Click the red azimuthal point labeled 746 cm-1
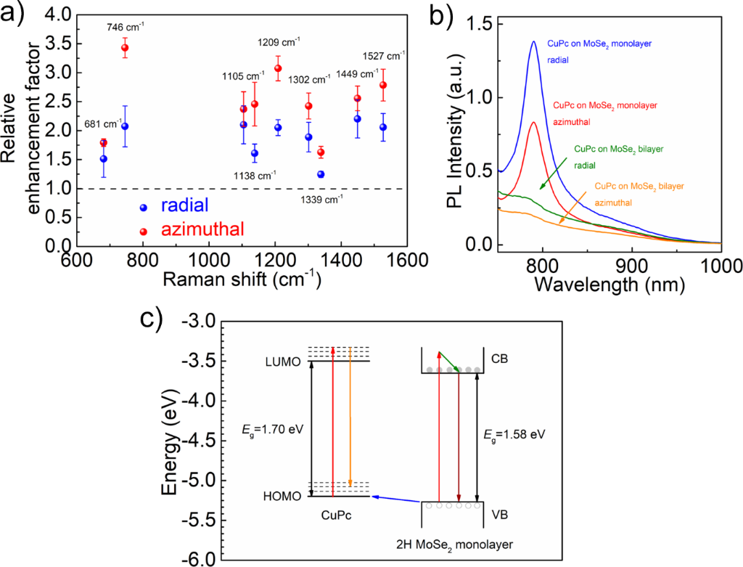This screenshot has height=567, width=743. pyautogui.click(x=125, y=48)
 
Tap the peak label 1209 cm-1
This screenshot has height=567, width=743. pyautogui.click(x=279, y=41)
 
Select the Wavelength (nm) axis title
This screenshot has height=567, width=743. pyautogui.click(x=609, y=284)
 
